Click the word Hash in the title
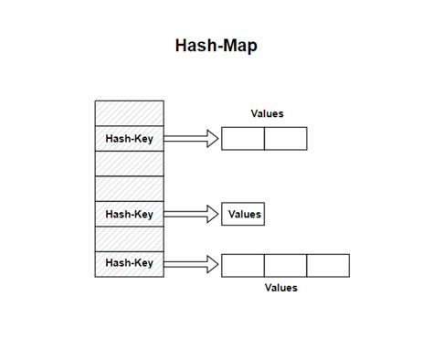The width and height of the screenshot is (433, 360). tap(195, 46)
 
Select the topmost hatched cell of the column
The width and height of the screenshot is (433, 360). tap(130, 113)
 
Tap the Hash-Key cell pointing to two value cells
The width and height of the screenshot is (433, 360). tap(130, 139)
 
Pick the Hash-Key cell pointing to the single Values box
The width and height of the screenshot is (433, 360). tap(130, 215)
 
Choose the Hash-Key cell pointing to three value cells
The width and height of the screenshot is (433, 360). tap(130, 264)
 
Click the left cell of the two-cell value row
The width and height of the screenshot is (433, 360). tap(243, 139)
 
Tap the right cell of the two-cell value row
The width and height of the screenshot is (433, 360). tap(286, 139)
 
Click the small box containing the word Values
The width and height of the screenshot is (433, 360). tap(244, 215)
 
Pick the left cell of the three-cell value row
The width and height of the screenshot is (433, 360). tap(243, 265)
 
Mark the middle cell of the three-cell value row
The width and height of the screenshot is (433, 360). tap(286, 265)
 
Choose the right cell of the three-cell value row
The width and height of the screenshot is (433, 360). tap(328, 265)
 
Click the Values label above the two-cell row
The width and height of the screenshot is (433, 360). tap(267, 114)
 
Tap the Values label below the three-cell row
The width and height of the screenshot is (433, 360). tap(281, 288)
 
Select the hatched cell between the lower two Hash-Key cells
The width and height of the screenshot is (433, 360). tap(130, 239)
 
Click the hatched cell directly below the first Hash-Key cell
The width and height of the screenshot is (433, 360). tap(130, 164)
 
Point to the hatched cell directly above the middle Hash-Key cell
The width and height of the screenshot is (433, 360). tap(130, 189)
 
